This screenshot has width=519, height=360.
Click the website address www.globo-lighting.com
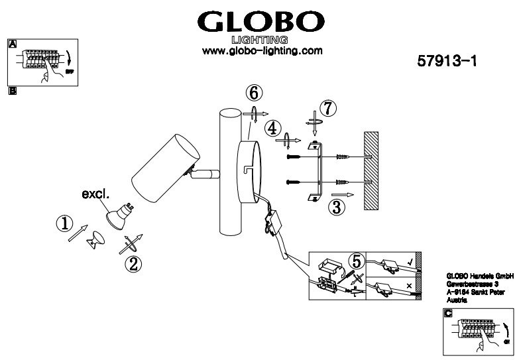tap(262, 51)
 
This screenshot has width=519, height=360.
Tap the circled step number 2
tap(134, 265)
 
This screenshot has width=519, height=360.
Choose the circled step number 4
tap(270, 127)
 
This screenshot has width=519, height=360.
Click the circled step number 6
tap(255, 93)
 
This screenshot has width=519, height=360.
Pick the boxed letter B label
tap(11, 91)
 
